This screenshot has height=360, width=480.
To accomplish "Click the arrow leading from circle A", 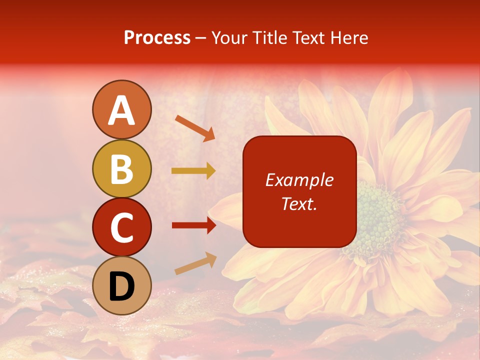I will pos(195,127).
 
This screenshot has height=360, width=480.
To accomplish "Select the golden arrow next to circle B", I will pos(193,171).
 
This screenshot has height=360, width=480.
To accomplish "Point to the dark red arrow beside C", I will pos(193,225).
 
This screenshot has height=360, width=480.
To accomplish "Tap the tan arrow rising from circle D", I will pos(195,264).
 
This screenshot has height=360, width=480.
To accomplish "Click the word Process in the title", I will pos(157,37).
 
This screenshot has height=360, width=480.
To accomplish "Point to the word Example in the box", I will pos(299,180).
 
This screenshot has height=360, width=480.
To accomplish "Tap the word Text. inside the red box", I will pos(299,203).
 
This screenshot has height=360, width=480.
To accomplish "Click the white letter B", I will pos(121,169).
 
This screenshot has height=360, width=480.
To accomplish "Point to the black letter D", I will pos(121,286).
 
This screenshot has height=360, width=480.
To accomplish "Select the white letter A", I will pos(121,110).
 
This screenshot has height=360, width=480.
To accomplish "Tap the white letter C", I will pos(121,227).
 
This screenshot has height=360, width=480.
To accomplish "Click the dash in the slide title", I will pos(201,38).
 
